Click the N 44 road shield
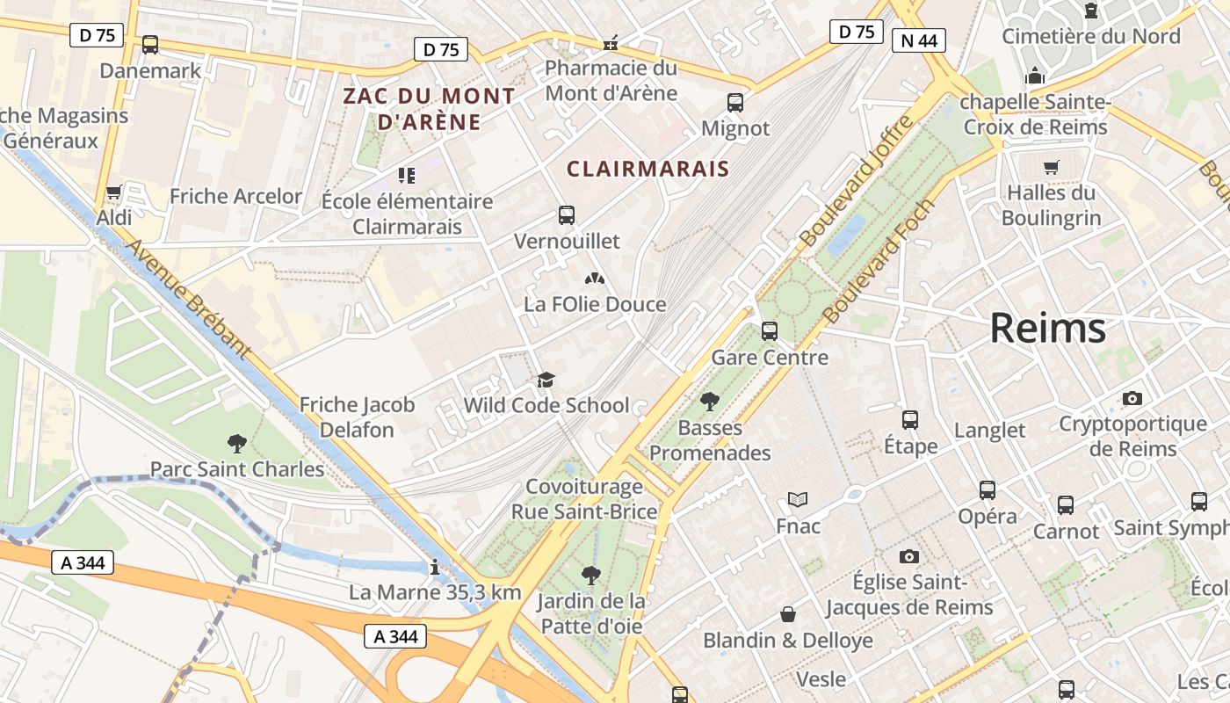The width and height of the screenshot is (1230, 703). (918, 40)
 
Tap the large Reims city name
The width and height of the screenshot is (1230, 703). (1047, 328)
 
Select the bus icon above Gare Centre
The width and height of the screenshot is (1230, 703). (770, 331)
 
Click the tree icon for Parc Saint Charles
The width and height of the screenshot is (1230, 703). (236, 443)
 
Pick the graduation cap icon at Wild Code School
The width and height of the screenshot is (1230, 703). (546, 380)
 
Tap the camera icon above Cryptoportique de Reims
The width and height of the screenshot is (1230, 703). (1132, 398)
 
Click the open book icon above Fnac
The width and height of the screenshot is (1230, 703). (798, 500)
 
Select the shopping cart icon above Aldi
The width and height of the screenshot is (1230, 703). (113, 192)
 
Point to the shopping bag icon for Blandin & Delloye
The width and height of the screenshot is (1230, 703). (788, 614)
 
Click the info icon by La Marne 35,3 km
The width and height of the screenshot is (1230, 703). (434, 567)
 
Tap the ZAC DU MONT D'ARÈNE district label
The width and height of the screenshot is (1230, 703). (429, 108)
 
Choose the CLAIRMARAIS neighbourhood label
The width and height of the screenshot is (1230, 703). (648, 169)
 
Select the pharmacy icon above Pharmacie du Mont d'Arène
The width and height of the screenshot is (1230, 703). (611, 42)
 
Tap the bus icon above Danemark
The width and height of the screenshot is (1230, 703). (150, 44)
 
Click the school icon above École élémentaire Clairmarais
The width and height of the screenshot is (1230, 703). (406, 176)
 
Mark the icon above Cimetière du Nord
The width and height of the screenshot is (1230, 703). (1091, 11)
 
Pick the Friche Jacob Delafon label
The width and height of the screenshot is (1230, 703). (357, 417)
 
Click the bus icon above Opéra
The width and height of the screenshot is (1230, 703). (988, 490)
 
